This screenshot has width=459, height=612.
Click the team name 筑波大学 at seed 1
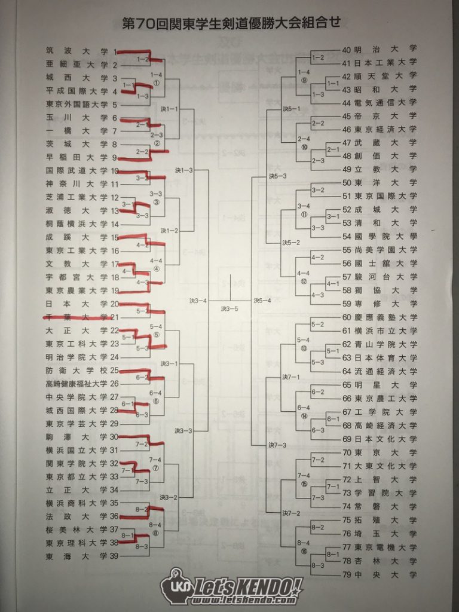[76, 51]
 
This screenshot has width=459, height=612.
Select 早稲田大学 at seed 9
[76, 157]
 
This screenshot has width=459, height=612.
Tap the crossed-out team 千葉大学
[76, 317]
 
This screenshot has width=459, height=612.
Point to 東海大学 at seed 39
[76, 556]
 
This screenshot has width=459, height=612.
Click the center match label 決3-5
[229, 309]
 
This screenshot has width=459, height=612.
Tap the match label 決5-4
[262, 301]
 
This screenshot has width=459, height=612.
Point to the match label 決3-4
[198, 301]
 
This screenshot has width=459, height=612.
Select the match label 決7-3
[277, 445]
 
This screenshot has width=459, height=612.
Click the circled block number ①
[157, 82]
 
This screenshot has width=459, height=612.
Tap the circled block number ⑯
[304, 552]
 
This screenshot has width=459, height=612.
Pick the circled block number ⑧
[156, 533]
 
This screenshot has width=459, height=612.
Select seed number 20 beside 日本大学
[114, 304]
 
